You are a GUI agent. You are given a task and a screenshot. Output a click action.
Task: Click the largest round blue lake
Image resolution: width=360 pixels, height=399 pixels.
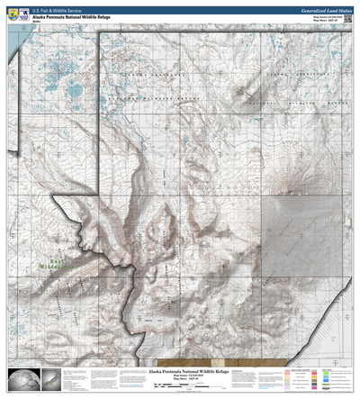(72, 88)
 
